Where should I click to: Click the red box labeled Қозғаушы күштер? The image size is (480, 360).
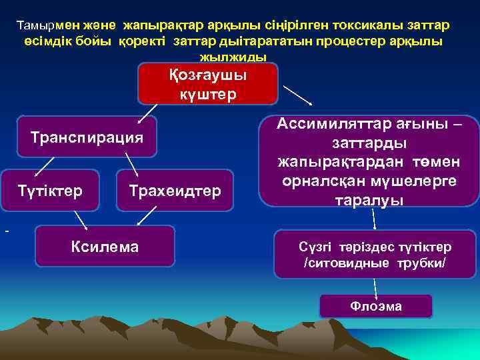[x=207, y=84]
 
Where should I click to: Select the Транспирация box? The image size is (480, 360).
[x=87, y=137]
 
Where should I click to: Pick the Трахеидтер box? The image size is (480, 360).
[x=175, y=191]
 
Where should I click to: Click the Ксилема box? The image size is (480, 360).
[x=105, y=247]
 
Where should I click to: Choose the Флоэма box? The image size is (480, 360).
[x=376, y=307]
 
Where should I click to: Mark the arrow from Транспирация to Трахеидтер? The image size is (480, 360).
[x=131, y=164]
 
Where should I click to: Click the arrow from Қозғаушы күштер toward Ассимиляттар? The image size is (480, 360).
[x=298, y=95]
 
